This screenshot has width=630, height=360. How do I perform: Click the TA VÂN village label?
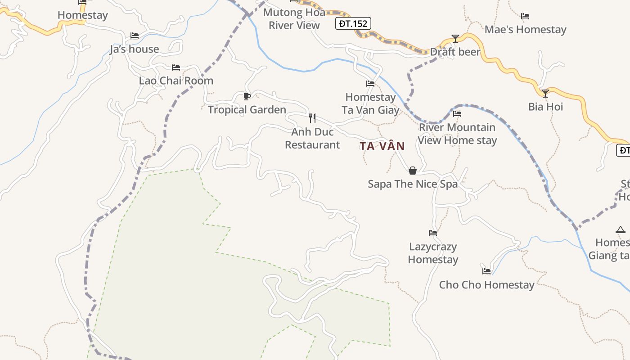coord(382,146)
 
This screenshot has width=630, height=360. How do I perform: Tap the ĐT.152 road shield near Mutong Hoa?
coord(353,23)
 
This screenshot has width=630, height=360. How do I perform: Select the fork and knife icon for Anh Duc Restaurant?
coord(312,118)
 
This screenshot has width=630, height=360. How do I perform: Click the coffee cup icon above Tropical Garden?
coord(247,96)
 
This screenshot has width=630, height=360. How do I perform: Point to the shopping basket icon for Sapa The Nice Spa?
coord(412,171)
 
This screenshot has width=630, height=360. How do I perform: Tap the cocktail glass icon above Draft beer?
coord(455,39)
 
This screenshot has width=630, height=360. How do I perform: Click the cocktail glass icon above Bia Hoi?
coord(545,94)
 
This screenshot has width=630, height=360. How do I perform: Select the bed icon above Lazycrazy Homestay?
coord(433,233)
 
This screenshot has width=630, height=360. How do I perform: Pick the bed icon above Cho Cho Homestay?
coord(486,271)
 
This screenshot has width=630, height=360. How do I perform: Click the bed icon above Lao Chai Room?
coord(176,67)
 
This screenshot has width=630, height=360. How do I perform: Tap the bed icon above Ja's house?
coord(134,36)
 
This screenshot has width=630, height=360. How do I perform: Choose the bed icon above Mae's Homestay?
coord(525,16)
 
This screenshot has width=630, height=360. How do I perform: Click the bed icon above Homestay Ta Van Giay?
coord(370,84)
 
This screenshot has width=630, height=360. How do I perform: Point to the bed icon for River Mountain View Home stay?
coord(457,114)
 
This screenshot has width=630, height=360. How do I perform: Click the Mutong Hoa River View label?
coord(294,19)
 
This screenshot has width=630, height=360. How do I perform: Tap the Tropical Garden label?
coord(247,110)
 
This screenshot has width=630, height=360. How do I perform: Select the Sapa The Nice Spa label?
coord(413,184)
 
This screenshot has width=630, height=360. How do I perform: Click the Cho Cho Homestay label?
coord(486,285)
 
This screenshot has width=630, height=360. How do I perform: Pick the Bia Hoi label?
coord(545,107)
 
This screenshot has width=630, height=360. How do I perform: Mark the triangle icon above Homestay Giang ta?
coord(621,230)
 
